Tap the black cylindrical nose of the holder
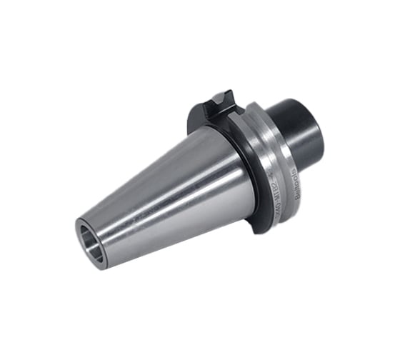[x=300, y=129]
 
